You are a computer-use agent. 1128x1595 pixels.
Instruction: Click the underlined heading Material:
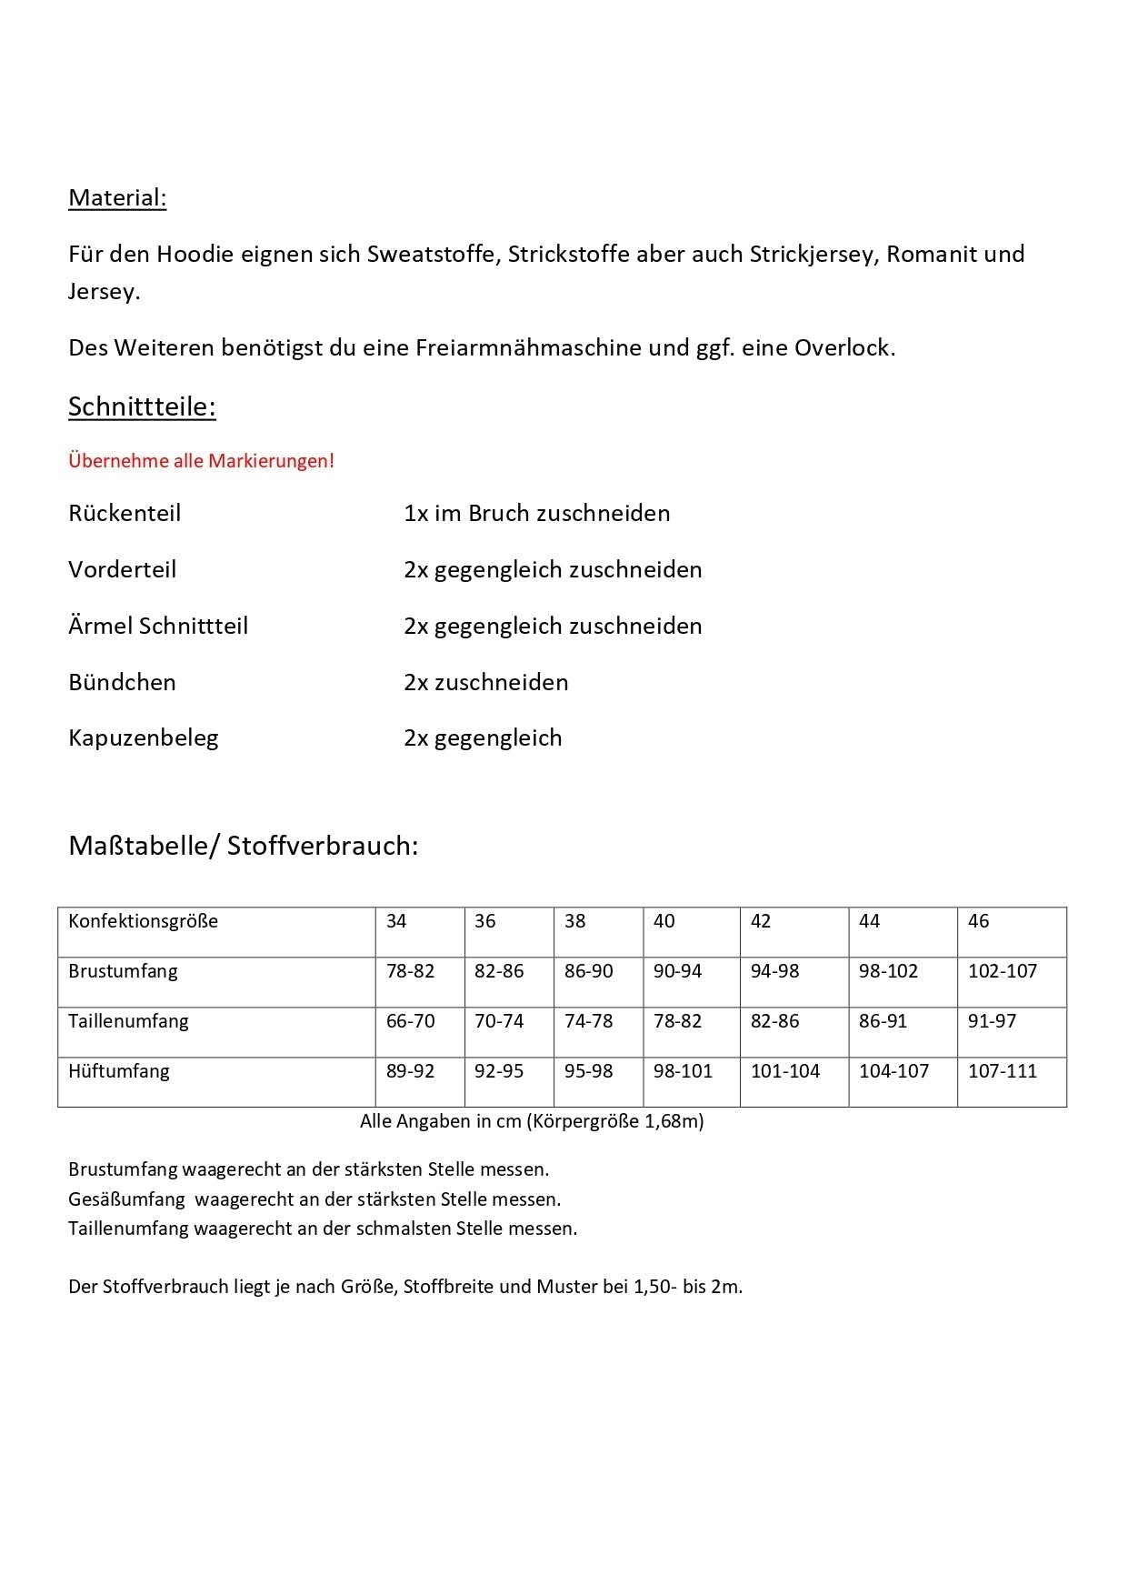117,198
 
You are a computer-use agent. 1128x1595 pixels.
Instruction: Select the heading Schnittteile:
142,406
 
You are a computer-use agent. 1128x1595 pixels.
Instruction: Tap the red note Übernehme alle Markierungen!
201,461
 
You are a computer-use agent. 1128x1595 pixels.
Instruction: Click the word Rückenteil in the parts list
125,514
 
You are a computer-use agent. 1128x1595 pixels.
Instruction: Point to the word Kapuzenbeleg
144,738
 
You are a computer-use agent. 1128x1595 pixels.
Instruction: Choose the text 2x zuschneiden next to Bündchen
486,683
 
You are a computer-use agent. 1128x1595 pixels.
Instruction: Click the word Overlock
844,348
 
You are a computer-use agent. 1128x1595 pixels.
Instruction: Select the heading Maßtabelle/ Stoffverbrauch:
244,846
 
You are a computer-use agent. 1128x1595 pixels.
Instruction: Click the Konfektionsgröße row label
144,921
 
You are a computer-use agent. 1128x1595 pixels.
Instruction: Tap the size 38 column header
575,921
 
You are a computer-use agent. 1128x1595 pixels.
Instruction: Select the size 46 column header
979,921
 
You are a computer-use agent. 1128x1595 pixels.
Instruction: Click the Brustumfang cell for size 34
411,971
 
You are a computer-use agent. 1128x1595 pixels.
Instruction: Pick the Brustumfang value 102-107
1003,971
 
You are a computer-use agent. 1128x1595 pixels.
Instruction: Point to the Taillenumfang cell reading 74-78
589,1021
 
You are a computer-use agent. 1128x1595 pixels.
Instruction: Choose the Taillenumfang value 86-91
883,1021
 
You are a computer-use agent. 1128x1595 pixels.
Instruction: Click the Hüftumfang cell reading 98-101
684,1071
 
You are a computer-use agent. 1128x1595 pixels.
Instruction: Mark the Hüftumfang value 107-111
1003,1071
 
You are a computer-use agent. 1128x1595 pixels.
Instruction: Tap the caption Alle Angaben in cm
441,1121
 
